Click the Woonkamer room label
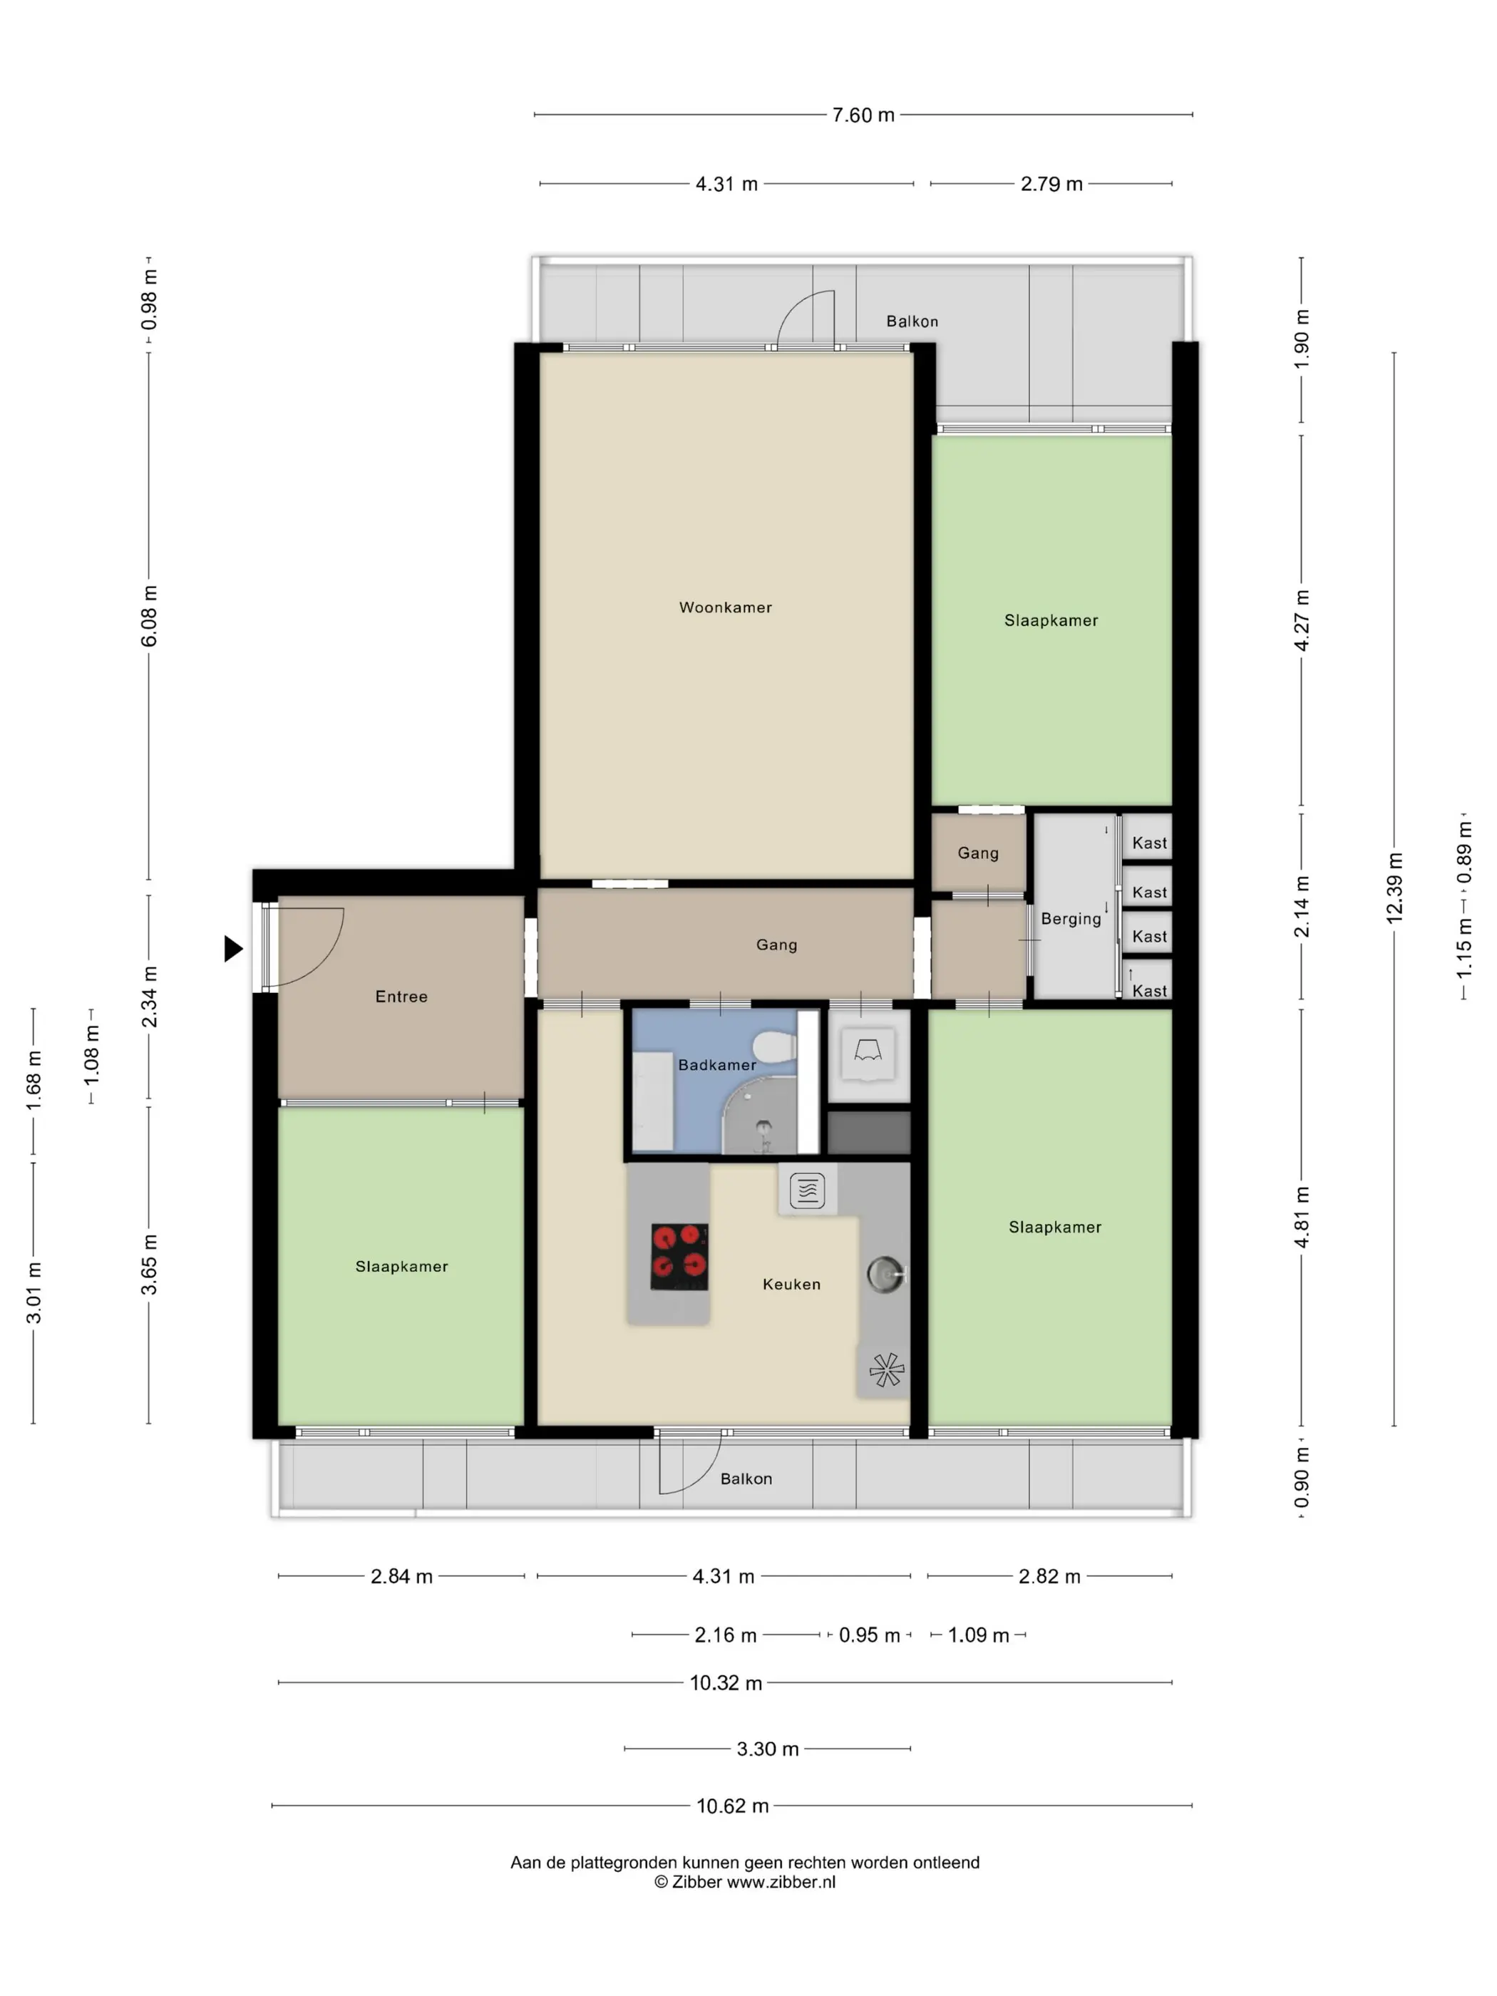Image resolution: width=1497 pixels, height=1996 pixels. (726, 607)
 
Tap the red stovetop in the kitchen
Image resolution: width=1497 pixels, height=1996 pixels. (679, 1256)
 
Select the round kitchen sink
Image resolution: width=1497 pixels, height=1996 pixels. (885, 1273)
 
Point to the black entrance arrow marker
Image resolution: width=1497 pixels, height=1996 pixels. (234, 948)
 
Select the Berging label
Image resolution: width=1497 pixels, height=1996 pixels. (1071, 920)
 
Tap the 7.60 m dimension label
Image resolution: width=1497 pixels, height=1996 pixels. (863, 115)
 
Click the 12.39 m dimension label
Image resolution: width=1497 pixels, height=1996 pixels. (1395, 888)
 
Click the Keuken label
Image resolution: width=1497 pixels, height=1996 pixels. (791, 1284)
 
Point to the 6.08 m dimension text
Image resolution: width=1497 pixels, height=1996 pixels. (150, 615)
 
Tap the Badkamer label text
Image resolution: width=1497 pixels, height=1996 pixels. (717, 1065)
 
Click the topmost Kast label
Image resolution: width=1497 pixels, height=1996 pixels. (1150, 843)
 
